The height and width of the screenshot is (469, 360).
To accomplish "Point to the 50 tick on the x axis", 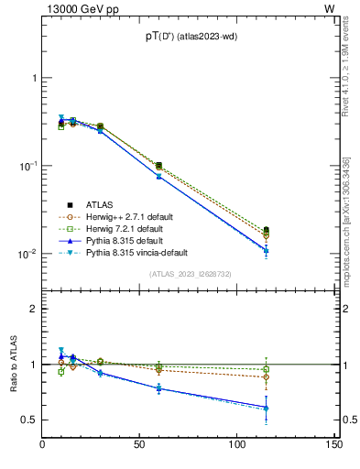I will (140, 446).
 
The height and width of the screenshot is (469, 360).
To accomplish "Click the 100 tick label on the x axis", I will (237, 446).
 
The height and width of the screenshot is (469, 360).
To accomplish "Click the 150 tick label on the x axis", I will (333, 446).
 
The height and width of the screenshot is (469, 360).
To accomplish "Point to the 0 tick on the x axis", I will (43, 446).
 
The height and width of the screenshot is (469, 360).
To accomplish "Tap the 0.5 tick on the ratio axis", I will (29, 420).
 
